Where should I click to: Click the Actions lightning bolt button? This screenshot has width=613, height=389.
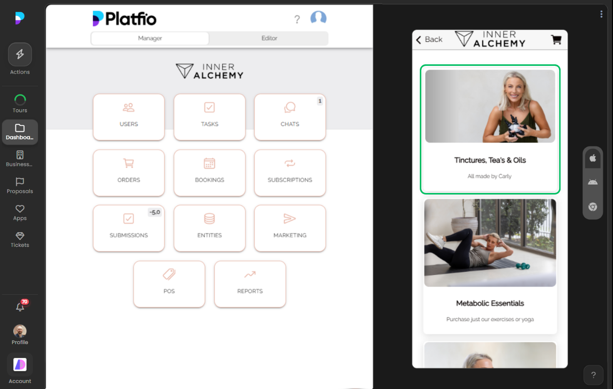pyautogui.click(x=20, y=55)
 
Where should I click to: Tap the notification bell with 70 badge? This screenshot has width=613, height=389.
pyautogui.click(x=20, y=307)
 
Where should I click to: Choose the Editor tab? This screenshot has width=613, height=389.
pyautogui.click(x=269, y=38)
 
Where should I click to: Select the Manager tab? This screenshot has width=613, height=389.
pyautogui.click(x=150, y=38)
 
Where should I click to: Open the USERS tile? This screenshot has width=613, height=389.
pyautogui.click(x=129, y=117)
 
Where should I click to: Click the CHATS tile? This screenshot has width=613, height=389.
pyautogui.click(x=290, y=117)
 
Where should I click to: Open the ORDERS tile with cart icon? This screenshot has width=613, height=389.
pyautogui.click(x=129, y=173)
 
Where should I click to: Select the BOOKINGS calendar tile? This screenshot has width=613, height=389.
pyautogui.click(x=210, y=173)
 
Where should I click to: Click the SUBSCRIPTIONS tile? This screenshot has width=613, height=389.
pyautogui.click(x=290, y=173)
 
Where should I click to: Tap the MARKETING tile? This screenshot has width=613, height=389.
pyautogui.click(x=290, y=228)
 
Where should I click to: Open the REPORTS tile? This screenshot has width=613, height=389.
pyautogui.click(x=250, y=284)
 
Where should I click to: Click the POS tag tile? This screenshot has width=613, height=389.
pyautogui.click(x=169, y=284)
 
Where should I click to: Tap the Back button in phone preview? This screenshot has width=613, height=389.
pyautogui.click(x=429, y=39)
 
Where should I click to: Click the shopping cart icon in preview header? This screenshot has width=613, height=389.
pyautogui.click(x=556, y=40)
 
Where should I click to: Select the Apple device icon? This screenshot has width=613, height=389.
pyautogui.click(x=593, y=158)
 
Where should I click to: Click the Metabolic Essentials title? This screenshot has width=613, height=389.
pyautogui.click(x=490, y=303)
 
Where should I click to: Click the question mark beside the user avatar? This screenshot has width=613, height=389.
pyautogui.click(x=297, y=19)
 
